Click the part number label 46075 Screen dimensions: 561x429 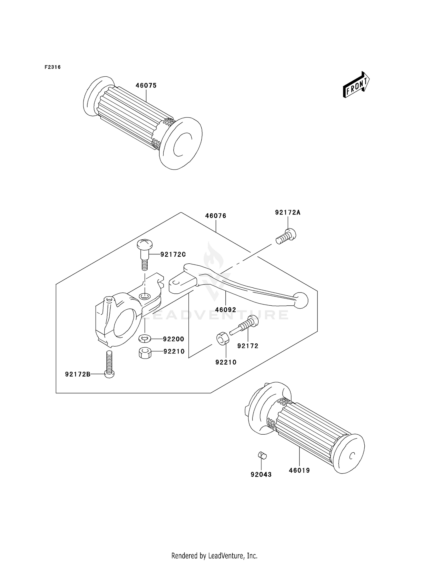tap(146, 85)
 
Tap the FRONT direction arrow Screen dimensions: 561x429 tap(356, 85)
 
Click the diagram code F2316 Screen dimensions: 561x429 tap(53, 67)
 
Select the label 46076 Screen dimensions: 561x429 tap(215, 216)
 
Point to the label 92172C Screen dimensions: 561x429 tap(173, 254)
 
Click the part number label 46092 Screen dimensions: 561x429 tap(226, 310)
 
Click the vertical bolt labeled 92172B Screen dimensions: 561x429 tap(109, 365)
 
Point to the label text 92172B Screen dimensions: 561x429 tap(78, 374)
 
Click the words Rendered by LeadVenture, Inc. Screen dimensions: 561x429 tap(214, 556)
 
